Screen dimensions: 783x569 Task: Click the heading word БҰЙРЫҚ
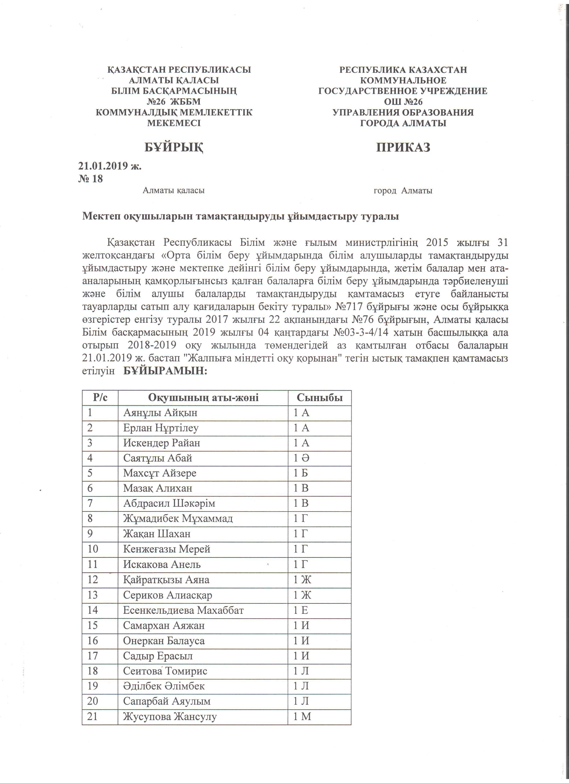point(174,147)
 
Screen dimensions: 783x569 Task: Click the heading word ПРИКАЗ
point(403,147)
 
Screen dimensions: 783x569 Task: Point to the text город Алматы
point(403,191)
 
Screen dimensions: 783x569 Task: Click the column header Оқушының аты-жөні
point(203,398)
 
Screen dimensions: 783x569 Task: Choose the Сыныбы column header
point(320,398)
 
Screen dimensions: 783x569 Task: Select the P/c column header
point(100,398)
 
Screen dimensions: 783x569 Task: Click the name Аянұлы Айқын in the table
point(160,413)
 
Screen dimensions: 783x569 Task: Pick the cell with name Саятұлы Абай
point(158,458)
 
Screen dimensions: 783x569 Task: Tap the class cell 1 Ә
point(301,458)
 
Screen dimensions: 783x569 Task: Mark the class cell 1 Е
point(301,610)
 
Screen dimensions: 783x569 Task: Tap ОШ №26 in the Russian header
point(403,102)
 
